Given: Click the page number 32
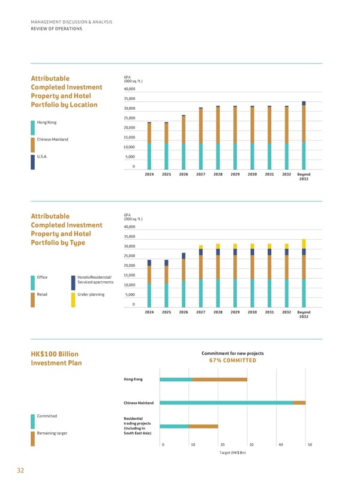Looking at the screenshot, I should [x=20, y=471].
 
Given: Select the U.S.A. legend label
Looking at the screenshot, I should [x=42, y=156].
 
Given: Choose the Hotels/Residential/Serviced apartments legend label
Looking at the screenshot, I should [x=95, y=279].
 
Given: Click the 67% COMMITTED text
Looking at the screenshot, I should [x=232, y=360].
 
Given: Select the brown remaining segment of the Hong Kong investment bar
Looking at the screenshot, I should [x=220, y=379].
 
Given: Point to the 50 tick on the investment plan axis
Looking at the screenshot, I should [x=310, y=444].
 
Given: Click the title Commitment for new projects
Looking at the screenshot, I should [x=232, y=353].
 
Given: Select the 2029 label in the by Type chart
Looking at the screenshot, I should [x=235, y=312].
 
